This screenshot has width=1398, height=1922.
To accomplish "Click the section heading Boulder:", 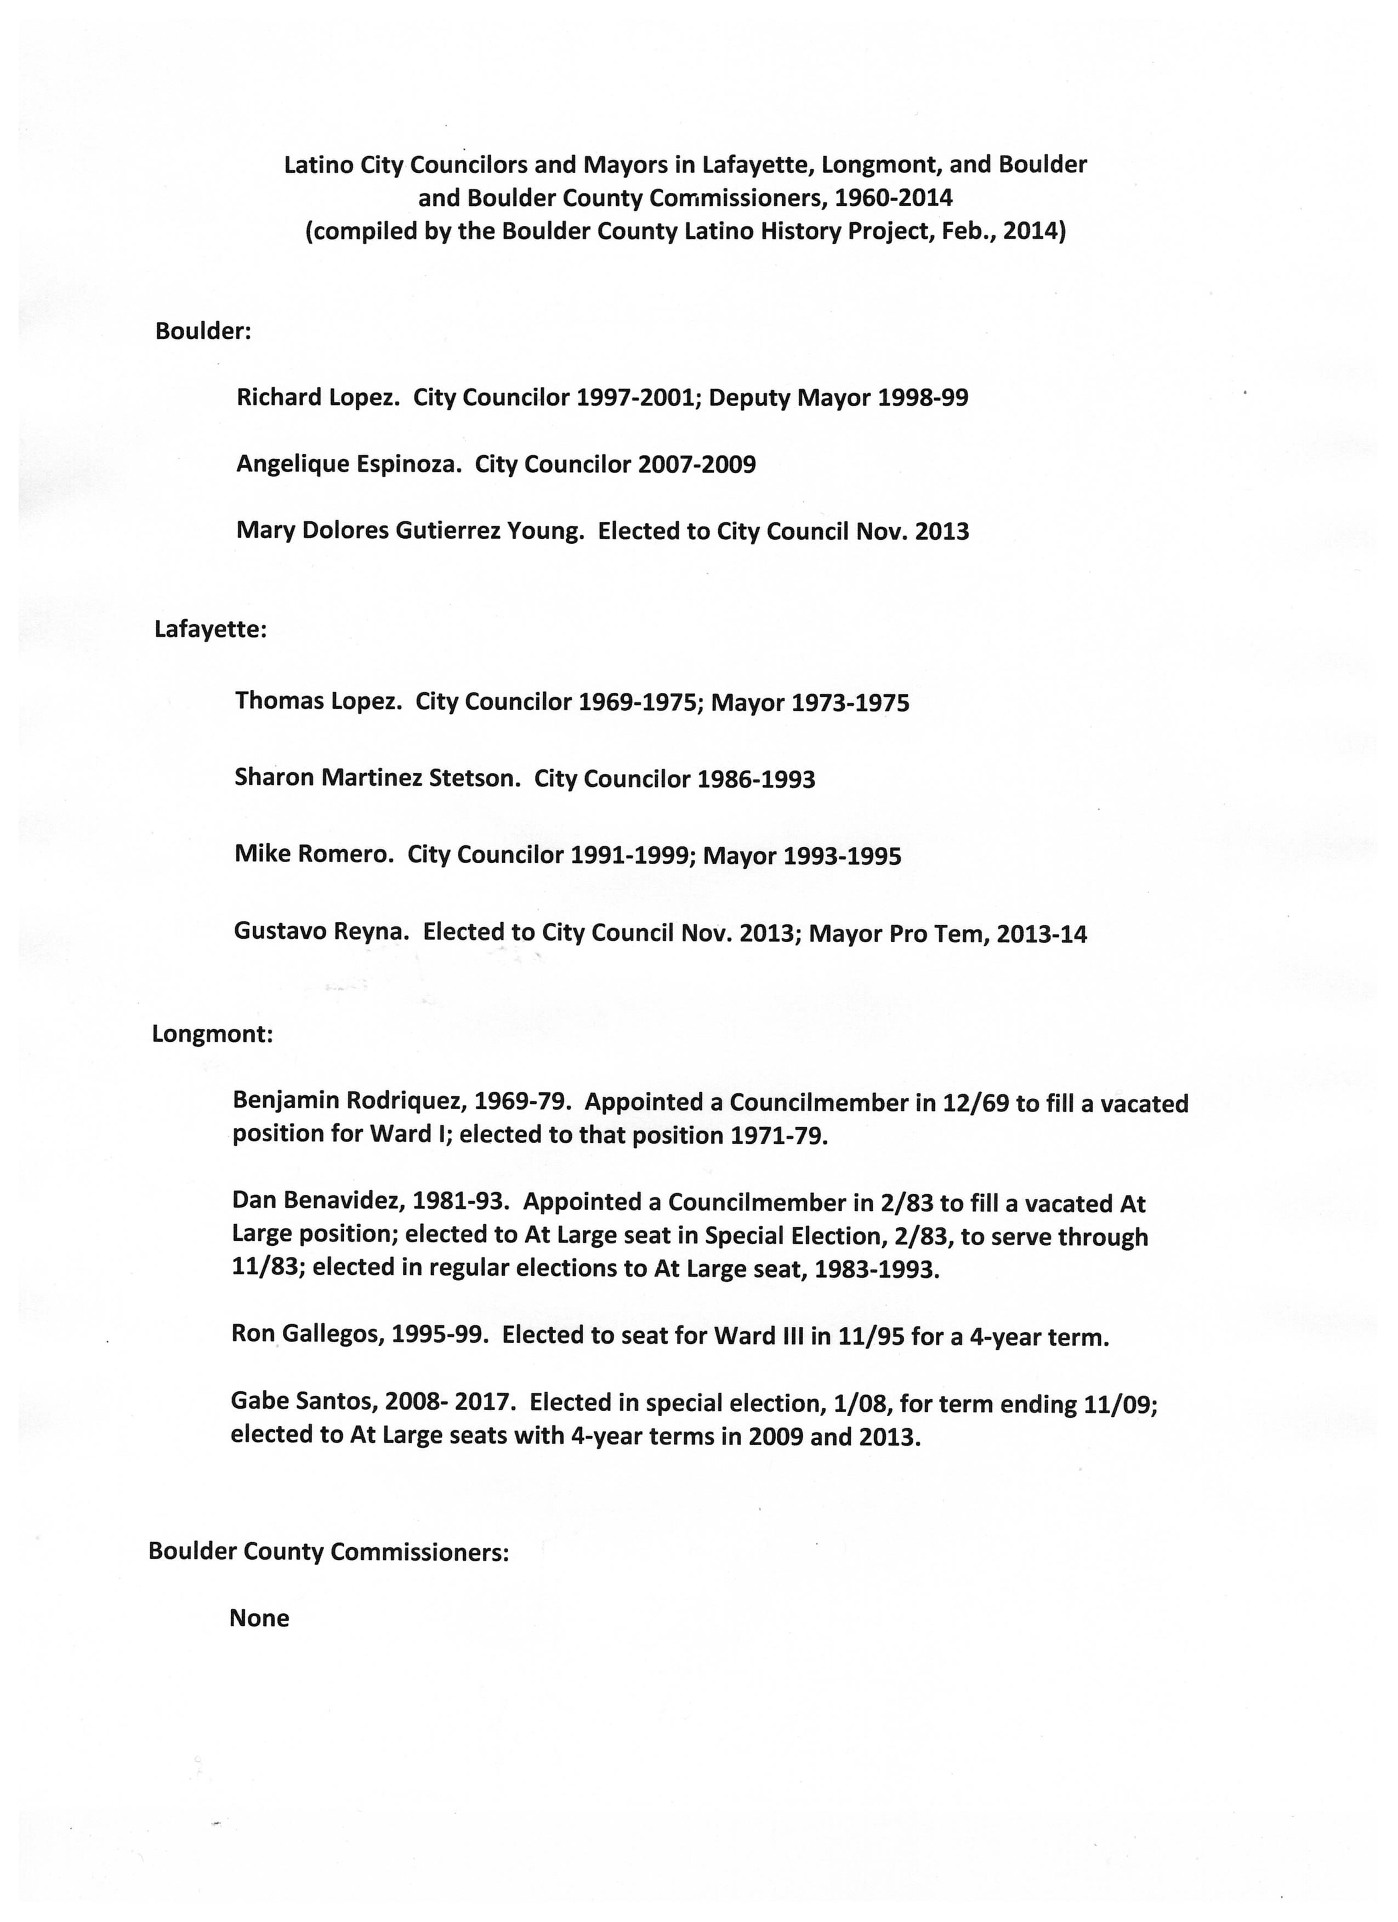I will point(203,332).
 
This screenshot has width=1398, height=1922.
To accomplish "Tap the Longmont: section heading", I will point(212,1035).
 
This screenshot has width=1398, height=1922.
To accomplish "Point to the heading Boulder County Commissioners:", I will point(328,1552).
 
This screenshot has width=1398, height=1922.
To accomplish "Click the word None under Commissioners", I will point(259,1618).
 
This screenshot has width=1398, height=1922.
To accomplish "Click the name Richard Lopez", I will point(317,397).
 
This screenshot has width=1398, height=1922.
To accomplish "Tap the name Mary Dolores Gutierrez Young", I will point(410,532).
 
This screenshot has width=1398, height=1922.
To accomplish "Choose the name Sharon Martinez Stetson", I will point(377,778).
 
